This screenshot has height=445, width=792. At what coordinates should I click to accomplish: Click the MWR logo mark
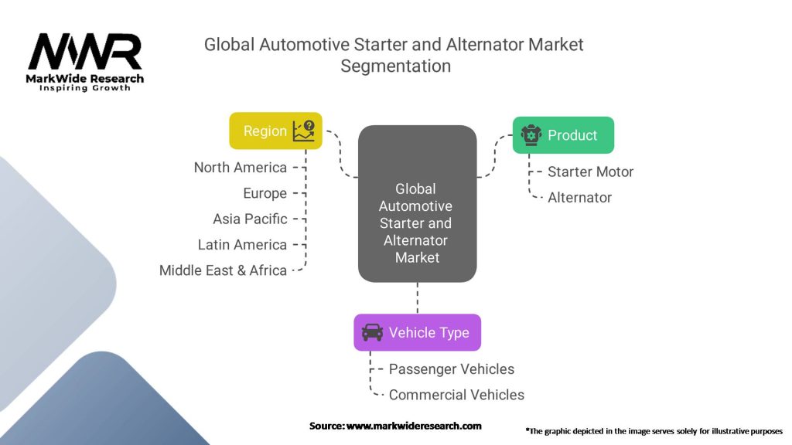[85, 52]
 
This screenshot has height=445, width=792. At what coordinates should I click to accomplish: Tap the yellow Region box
[275, 131]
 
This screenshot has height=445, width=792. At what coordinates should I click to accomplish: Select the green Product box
[563, 135]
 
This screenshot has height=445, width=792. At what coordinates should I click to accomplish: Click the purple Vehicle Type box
[417, 332]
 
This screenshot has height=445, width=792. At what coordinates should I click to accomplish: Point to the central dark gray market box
[417, 203]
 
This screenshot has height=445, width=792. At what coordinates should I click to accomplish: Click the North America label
[240, 168]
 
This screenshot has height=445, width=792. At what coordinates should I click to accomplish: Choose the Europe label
[265, 193]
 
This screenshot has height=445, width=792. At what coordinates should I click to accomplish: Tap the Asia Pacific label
[250, 219]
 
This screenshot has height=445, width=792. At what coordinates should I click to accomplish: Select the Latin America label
[242, 244]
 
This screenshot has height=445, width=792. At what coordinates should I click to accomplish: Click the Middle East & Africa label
[223, 270]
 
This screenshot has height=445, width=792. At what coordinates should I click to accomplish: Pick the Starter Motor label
[590, 172]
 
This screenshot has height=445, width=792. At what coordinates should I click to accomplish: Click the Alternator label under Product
[579, 197]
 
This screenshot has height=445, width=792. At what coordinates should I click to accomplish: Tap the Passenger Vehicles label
[451, 369]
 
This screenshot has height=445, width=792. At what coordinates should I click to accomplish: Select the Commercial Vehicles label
[456, 395]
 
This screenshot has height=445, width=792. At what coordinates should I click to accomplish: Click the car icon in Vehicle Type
[372, 332]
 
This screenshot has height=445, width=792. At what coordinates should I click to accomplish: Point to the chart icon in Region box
[303, 131]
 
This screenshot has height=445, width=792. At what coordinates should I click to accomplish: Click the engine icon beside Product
[531, 135]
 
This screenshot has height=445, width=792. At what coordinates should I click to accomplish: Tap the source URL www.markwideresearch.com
[414, 426]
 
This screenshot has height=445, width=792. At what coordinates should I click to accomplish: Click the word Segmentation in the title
[395, 66]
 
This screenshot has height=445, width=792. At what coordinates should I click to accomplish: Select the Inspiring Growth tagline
[85, 88]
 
